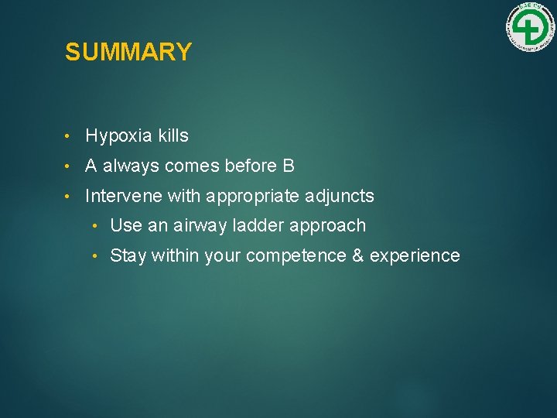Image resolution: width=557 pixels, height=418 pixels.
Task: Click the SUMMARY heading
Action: pyautogui.click(x=128, y=53)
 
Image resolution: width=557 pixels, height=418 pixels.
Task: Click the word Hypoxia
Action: pyautogui.click(x=119, y=137)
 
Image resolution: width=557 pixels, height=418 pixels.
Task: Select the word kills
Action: pyautogui.click(x=173, y=136)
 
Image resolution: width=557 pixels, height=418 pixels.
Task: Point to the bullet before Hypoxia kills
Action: pyautogui.click(x=69, y=137)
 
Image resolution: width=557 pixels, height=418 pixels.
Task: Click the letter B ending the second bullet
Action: pyautogui.click(x=289, y=166)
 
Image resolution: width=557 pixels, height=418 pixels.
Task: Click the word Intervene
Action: pyautogui.click(x=124, y=197)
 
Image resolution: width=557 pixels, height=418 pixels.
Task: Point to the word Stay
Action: pyautogui.click(x=128, y=256)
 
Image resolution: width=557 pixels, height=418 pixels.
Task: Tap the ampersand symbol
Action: pyautogui.click(x=357, y=256)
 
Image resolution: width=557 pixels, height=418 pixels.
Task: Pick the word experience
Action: pyautogui.click(x=415, y=256)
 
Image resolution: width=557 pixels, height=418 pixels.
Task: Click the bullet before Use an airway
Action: pyautogui.click(x=94, y=227)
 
